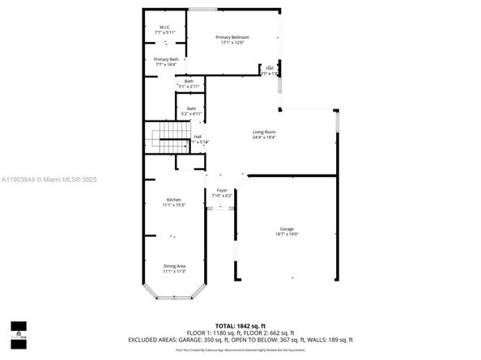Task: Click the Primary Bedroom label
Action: (x=232, y=38)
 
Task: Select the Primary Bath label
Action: (x=166, y=59)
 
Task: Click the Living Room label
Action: (x=264, y=132)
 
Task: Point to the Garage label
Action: (x=287, y=229)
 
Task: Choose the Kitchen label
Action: (x=174, y=200)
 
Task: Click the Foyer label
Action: (x=222, y=190)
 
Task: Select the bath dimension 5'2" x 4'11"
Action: (x=191, y=114)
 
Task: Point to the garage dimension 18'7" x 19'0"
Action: (x=287, y=235)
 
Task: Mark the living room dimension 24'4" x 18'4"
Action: (x=264, y=138)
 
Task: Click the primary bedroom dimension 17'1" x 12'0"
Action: (x=232, y=44)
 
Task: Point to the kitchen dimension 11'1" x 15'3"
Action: (x=174, y=205)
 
